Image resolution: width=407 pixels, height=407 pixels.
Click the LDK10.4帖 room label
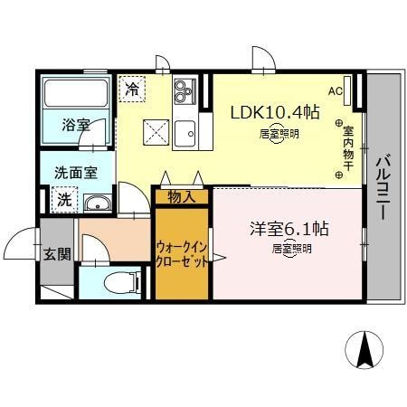pos(274,113)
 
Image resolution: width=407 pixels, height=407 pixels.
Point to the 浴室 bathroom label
pos(75,125)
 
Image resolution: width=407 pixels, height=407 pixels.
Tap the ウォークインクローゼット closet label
pos(183,254)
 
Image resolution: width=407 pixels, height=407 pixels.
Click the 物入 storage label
pos(181,196)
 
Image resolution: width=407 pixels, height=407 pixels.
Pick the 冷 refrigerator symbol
pos(133,89)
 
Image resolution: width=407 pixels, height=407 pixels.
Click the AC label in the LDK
pos(335,90)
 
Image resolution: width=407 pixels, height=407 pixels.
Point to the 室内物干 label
pos(348,149)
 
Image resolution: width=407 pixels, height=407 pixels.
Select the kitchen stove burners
pos(185,90)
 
